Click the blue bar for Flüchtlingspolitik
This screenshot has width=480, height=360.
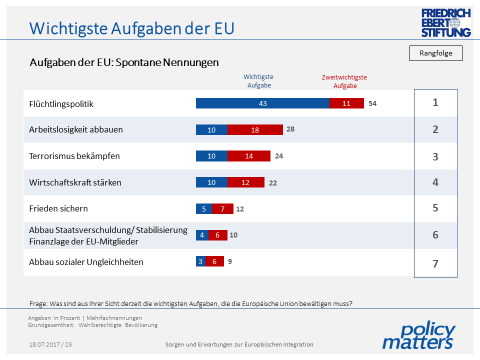click(x=261, y=103)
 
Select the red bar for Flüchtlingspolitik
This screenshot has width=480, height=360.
click(x=346, y=103)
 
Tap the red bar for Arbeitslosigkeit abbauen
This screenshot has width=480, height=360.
click(x=255, y=129)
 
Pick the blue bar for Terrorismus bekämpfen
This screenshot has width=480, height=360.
click(x=211, y=156)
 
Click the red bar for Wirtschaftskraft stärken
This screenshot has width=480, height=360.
click(x=245, y=182)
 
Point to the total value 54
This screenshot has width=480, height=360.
click(x=372, y=103)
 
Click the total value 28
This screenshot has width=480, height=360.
click(x=290, y=129)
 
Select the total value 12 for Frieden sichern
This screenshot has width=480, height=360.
click(x=240, y=209)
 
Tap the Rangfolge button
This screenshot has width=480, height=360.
click(x=435, y=52)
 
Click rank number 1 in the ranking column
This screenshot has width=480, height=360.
click(x=435, y=103)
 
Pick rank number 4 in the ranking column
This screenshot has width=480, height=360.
click(x=435, y=182)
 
